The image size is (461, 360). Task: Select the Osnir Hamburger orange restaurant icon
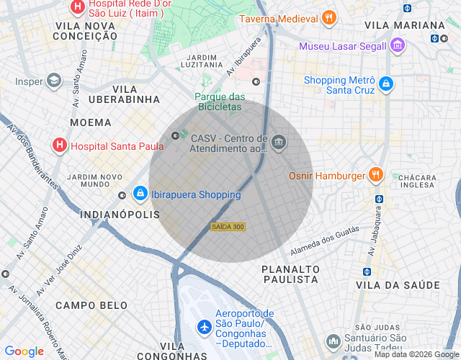(x=375, y=175)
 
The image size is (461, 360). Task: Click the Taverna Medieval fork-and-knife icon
(x=328, y=19)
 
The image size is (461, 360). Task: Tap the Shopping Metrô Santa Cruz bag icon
(x=386, y=84)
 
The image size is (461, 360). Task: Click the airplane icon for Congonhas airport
(x=204, y=326)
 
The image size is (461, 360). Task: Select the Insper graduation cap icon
(x=53, y=81)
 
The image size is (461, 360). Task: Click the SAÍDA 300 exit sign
(x=228, y=227)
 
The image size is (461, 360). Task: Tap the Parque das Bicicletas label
(x=220, y=102)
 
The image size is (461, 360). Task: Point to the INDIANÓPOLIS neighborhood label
(x=119, y=215)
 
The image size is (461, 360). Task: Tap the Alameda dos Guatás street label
(x=323, y=241)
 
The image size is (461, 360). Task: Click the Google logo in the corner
(x=24, y=351)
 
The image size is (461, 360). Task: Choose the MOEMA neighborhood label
(x=91, y=122)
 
